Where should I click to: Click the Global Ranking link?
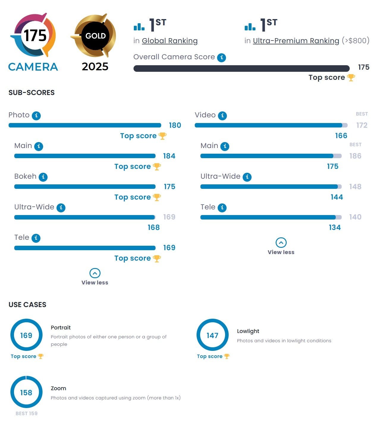pos(169,41)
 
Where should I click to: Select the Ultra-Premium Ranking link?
pos(296,41)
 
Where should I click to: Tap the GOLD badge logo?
pos(95,36)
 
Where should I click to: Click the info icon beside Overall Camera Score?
pos(222,57)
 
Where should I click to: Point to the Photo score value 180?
pos(175,125)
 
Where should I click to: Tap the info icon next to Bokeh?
pos(43,177)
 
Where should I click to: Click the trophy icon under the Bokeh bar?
pos(157,197)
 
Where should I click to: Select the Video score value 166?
pos(341,136)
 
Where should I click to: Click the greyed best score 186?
pos(355,156)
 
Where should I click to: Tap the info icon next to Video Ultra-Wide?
pos(247,177)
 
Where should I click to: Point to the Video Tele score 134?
pos(335,228)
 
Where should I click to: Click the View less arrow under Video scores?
pos(281,243)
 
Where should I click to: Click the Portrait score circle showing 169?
pos(26,335)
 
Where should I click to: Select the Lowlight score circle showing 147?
pos(212,335)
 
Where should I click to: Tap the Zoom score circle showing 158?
pos(26,392)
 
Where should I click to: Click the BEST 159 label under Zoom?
pos(26,413)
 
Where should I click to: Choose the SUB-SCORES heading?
pos(32,93)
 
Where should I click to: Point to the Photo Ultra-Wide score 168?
pos(153,228)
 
